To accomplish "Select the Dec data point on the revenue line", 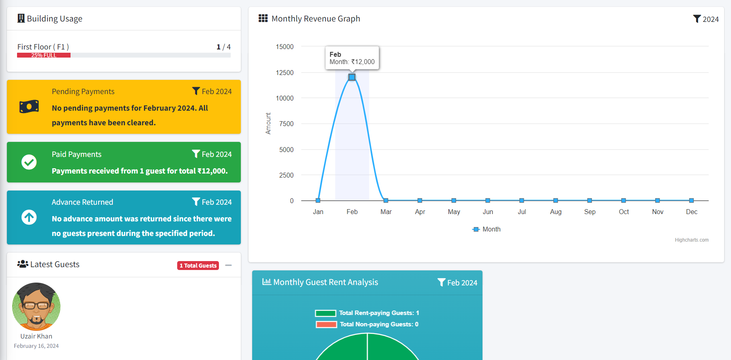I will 691,201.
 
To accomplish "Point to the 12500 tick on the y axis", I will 285,73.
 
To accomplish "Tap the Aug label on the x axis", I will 555,212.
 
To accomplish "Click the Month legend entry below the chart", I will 487,229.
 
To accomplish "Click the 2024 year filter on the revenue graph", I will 706,19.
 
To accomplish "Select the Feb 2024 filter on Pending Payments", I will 212,92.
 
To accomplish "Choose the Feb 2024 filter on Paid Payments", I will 212,154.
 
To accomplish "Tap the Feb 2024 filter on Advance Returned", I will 212,202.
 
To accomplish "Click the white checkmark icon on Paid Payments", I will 29,162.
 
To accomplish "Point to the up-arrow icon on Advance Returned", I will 29,217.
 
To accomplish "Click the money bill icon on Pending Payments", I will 29,107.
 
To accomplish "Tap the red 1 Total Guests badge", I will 198,266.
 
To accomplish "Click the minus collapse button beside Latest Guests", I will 229,265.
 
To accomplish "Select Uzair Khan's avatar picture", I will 36,306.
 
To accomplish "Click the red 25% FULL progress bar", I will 44,55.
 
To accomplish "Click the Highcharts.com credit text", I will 692,240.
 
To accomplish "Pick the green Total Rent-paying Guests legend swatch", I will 326,313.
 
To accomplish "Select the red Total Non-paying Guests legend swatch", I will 326,324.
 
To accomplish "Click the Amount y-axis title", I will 268,123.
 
